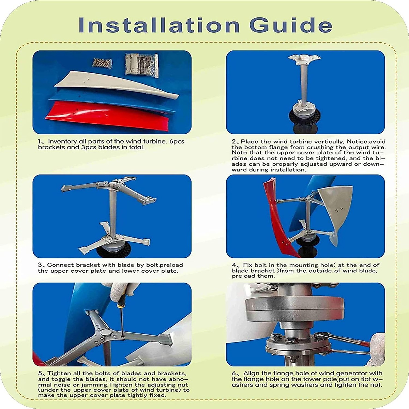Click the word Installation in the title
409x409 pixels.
click(x=159, y=25)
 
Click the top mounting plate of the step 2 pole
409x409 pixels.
click(x=304, y=60)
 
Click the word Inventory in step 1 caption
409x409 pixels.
click(x=62, y=141)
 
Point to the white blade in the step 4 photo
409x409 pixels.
click(x=336, y=208)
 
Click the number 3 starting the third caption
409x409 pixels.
click(x=40, y=265)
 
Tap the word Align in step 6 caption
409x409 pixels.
click(x=253, y=374)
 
